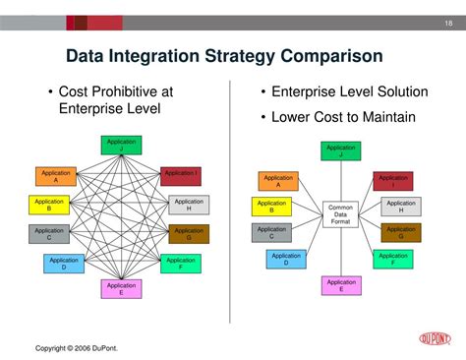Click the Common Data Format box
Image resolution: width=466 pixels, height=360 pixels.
[340, 213]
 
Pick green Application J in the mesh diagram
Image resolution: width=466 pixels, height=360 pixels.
[122, 146]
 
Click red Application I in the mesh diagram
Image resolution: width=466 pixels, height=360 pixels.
[181, 176]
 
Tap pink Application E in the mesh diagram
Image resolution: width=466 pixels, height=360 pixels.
[121, 288]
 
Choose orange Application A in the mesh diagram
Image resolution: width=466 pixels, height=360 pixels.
[56, 176]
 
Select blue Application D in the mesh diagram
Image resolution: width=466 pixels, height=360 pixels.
[63, 263]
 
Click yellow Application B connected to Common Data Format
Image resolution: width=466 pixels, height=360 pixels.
[272, 207]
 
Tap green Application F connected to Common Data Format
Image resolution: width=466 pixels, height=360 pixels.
[393, 258]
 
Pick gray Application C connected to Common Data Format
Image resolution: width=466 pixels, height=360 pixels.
[272, 232]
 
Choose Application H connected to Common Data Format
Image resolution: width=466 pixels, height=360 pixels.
[401, 207]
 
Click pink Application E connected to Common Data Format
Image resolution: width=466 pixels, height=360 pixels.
[340, 285]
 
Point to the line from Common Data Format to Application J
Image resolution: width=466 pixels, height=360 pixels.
[340, 182]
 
